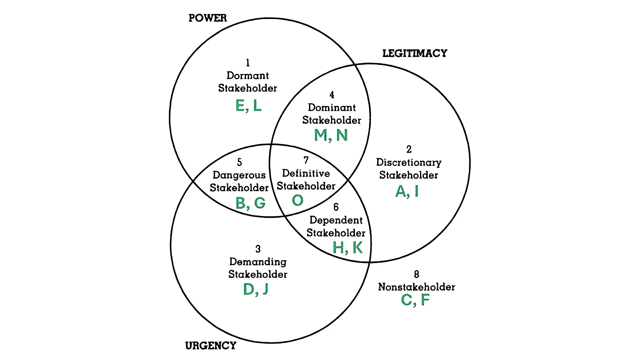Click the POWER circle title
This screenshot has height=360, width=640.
(207, 18)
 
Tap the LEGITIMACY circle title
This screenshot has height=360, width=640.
(415, 53)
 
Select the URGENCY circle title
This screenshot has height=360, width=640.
(211, 346)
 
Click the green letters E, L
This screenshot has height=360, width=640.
(248, 106)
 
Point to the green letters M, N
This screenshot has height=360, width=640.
(331, 135)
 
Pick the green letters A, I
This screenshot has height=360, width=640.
(407, 191)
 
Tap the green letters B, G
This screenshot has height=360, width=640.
(250, 203)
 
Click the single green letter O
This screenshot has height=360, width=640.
(298, 200)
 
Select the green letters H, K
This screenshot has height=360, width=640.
(348, 248)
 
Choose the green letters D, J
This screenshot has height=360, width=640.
(256, 289)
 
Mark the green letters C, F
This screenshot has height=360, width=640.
(415, 300)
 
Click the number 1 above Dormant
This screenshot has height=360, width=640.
(248, 63)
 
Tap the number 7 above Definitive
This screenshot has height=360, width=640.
(306, 160)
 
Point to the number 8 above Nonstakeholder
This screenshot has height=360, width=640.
(416, 274)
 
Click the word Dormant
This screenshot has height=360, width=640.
(248, 76)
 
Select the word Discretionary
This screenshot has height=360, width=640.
(409, 162)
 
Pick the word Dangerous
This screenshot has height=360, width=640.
(239, 175)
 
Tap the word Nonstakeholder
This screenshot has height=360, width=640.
(416, 287)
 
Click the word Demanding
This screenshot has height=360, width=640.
(258, 262)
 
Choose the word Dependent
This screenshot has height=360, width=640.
(336, 220)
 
